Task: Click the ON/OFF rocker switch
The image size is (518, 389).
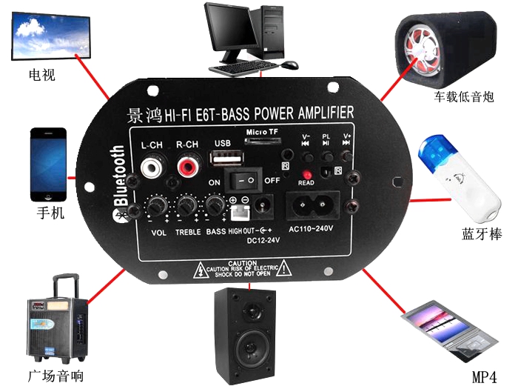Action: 244,180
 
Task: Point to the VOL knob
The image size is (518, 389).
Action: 155,205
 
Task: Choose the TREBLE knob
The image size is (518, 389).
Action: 186,205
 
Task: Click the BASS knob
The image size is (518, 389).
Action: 215,205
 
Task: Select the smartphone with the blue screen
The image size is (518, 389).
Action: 48,164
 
